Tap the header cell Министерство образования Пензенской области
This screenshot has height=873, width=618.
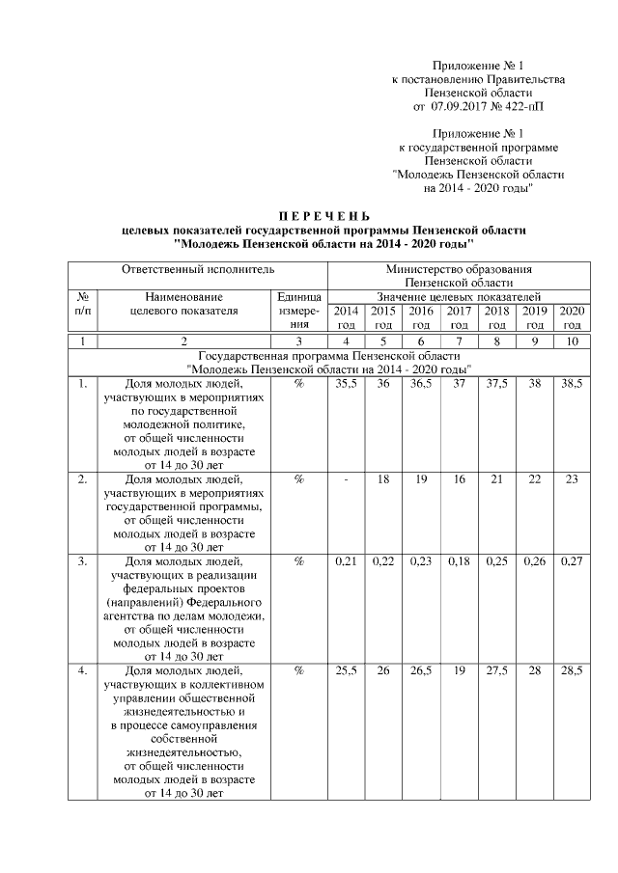(458, 276)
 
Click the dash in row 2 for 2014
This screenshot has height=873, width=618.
(345, 478)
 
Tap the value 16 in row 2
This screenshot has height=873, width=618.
(459, 478)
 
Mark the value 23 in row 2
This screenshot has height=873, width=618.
(572, 478)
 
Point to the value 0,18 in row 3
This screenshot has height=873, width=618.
(459, 560)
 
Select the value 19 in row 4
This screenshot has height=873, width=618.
(459, 670)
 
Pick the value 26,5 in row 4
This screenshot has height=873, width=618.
(421, 670)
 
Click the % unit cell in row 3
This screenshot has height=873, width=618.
(298, 560)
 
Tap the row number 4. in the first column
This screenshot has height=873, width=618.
(83, 670)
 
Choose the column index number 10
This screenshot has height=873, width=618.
(572, 341)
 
